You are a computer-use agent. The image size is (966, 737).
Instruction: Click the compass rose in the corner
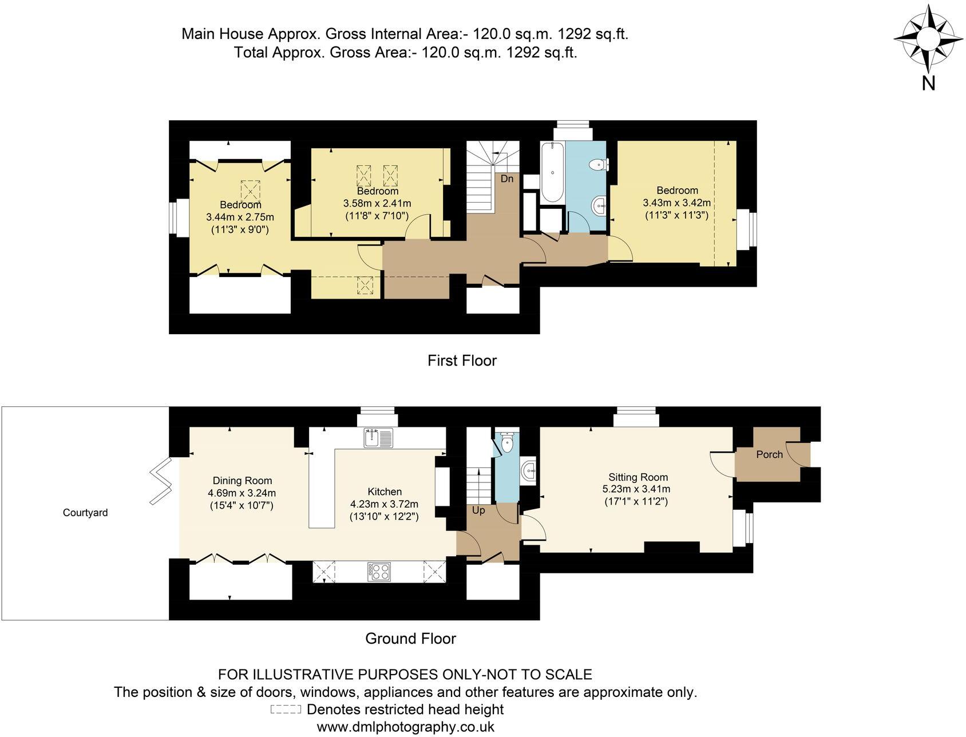click(x=928, y=38)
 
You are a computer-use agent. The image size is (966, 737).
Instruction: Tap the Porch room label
click(x=769, y=454)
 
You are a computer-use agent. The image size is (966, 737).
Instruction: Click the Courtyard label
click(x=85, y=513)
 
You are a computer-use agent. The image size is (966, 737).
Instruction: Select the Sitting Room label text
click(x=638, y=477)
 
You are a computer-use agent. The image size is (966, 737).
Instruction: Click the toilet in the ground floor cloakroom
click(x=507, y=442)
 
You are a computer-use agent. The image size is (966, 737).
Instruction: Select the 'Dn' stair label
click(x=507, y=179)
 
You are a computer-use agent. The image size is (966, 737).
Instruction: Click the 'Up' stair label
click(x=478, y=510)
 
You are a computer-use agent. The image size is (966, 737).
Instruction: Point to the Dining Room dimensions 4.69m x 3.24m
click(x=242, y=493)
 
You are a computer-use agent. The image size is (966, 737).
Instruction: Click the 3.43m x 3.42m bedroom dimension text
click(x=677, y=203)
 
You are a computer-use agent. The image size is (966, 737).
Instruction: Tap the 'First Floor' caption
click(x=462, y=360)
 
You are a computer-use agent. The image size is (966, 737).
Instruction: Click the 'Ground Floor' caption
click(x=410, y=639)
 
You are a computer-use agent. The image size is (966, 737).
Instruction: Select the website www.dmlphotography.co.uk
click(x=405, y=727)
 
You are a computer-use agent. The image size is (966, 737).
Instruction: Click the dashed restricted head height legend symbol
click(x=286, y=710)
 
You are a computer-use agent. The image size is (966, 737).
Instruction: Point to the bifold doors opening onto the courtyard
click(x=162, y=473)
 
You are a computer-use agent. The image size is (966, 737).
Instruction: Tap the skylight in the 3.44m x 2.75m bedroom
click(x=250, y=189)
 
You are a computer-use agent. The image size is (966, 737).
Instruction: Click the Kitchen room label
click(x=384, y=492)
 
